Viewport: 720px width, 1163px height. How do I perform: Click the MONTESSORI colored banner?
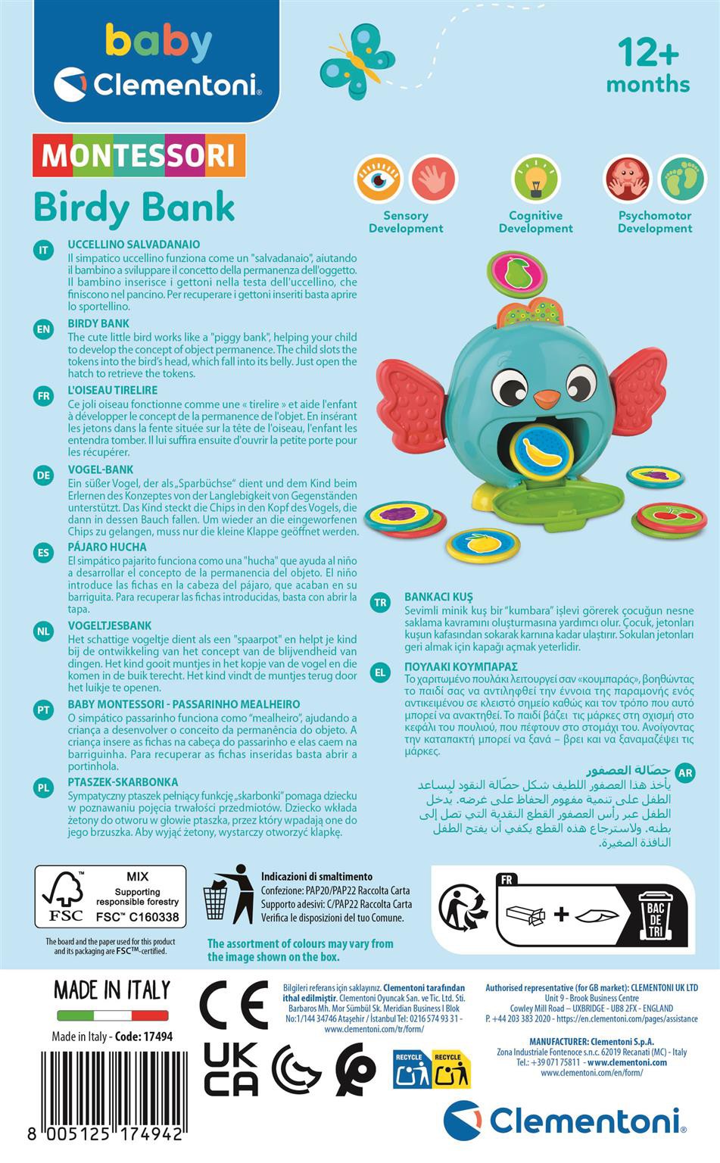click(x=139, y=155)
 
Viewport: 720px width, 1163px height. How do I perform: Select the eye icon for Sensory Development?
click(x=378, y=179)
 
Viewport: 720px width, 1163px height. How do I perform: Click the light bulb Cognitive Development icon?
click(x=535, y=179)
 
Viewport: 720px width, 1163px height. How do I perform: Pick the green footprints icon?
click(x=681, y=179)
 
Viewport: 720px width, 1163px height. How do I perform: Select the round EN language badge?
click(x=43, y=329)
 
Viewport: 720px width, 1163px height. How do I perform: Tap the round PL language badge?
click(x=43, y=787)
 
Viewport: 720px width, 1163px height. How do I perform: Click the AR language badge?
click(x=684, y=773)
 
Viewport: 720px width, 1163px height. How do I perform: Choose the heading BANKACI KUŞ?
click(x=438, y=597)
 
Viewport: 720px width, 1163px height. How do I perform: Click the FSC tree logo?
click(x=63, y=896)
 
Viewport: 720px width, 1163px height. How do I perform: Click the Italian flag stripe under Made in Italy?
click(x=112, y=1015)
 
